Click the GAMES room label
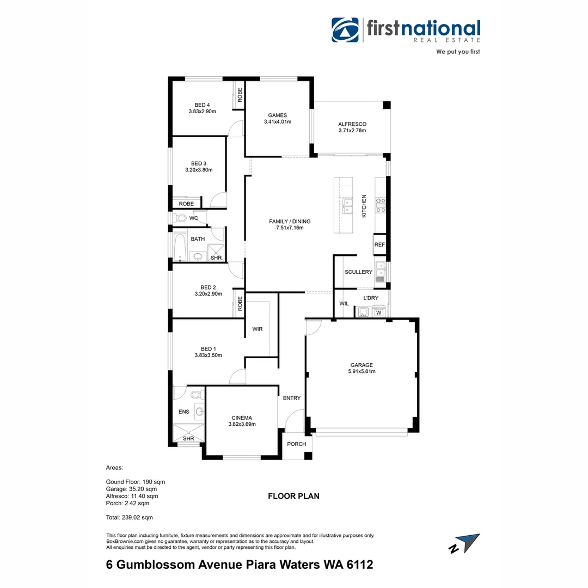point(277,115)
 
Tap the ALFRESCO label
point(352,124)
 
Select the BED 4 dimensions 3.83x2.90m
point(202,112)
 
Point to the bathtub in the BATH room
point(179,247)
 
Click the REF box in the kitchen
point(379,244)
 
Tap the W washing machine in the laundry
point(378,312)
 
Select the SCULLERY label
point(358,272)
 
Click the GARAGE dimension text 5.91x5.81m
point(362,371)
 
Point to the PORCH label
point(297,444)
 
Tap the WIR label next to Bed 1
point(258,329)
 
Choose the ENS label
point(184,412)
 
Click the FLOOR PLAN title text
point(293,496)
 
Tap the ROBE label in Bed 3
point(186,204)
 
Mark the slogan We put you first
point(458,52)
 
